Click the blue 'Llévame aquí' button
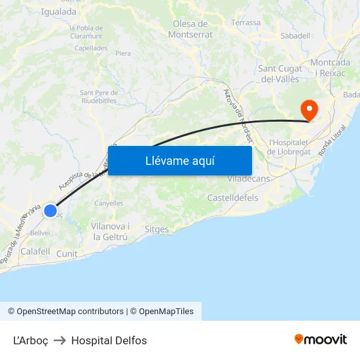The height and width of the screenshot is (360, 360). coord(179,161)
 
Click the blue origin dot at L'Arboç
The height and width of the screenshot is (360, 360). coord(50,211)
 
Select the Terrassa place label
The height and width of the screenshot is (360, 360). coord(245,22)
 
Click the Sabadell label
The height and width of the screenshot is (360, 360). coord(295,36)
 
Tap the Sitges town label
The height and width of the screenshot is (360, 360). coord(156,230)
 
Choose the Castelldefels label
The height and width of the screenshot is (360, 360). coord(232,198)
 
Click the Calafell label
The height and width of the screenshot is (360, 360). coord(35,251)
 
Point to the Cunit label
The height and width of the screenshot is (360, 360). coord(67,254)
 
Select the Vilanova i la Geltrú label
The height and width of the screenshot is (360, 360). coord(110,231)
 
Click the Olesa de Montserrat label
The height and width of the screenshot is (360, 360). coord(190,29)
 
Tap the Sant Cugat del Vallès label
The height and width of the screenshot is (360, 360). coord(280,73)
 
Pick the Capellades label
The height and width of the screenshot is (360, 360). coord(91,48)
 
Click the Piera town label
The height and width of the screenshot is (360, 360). coord(123,54)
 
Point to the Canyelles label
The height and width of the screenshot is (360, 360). coord(109,203)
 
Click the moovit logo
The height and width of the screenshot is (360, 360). coord(320,339)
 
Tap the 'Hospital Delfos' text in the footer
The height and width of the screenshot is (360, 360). coord(109,340)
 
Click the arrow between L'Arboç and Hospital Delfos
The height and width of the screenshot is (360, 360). coord(60,340)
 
